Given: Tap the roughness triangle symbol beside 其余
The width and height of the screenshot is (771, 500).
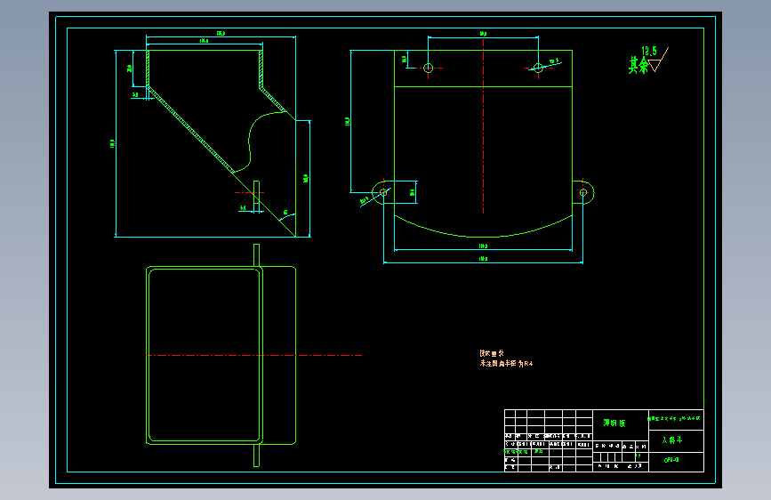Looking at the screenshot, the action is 660,62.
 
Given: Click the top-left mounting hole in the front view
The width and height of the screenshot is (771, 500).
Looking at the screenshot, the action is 428,68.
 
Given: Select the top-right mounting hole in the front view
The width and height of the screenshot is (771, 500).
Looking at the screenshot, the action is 538,68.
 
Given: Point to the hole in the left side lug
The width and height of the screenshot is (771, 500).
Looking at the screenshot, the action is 383,191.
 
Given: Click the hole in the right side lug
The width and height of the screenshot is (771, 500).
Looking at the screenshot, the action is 583,191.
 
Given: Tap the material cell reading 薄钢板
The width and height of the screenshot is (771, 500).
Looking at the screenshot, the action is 614,423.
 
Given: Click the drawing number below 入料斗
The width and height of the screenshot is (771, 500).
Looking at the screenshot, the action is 671,460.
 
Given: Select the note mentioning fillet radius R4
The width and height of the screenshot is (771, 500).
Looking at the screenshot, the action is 506,363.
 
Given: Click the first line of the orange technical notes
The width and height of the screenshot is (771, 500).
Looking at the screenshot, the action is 491,353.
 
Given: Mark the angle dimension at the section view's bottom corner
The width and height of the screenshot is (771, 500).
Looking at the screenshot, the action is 285,213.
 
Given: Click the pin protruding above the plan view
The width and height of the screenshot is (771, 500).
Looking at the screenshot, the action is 256,254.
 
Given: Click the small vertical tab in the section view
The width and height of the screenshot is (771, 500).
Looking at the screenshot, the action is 256,196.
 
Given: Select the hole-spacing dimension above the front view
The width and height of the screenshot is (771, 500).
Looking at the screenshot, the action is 483,34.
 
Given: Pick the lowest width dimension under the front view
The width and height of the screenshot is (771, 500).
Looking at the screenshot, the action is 483,260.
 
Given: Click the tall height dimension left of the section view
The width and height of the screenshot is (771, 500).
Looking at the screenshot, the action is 112,142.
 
